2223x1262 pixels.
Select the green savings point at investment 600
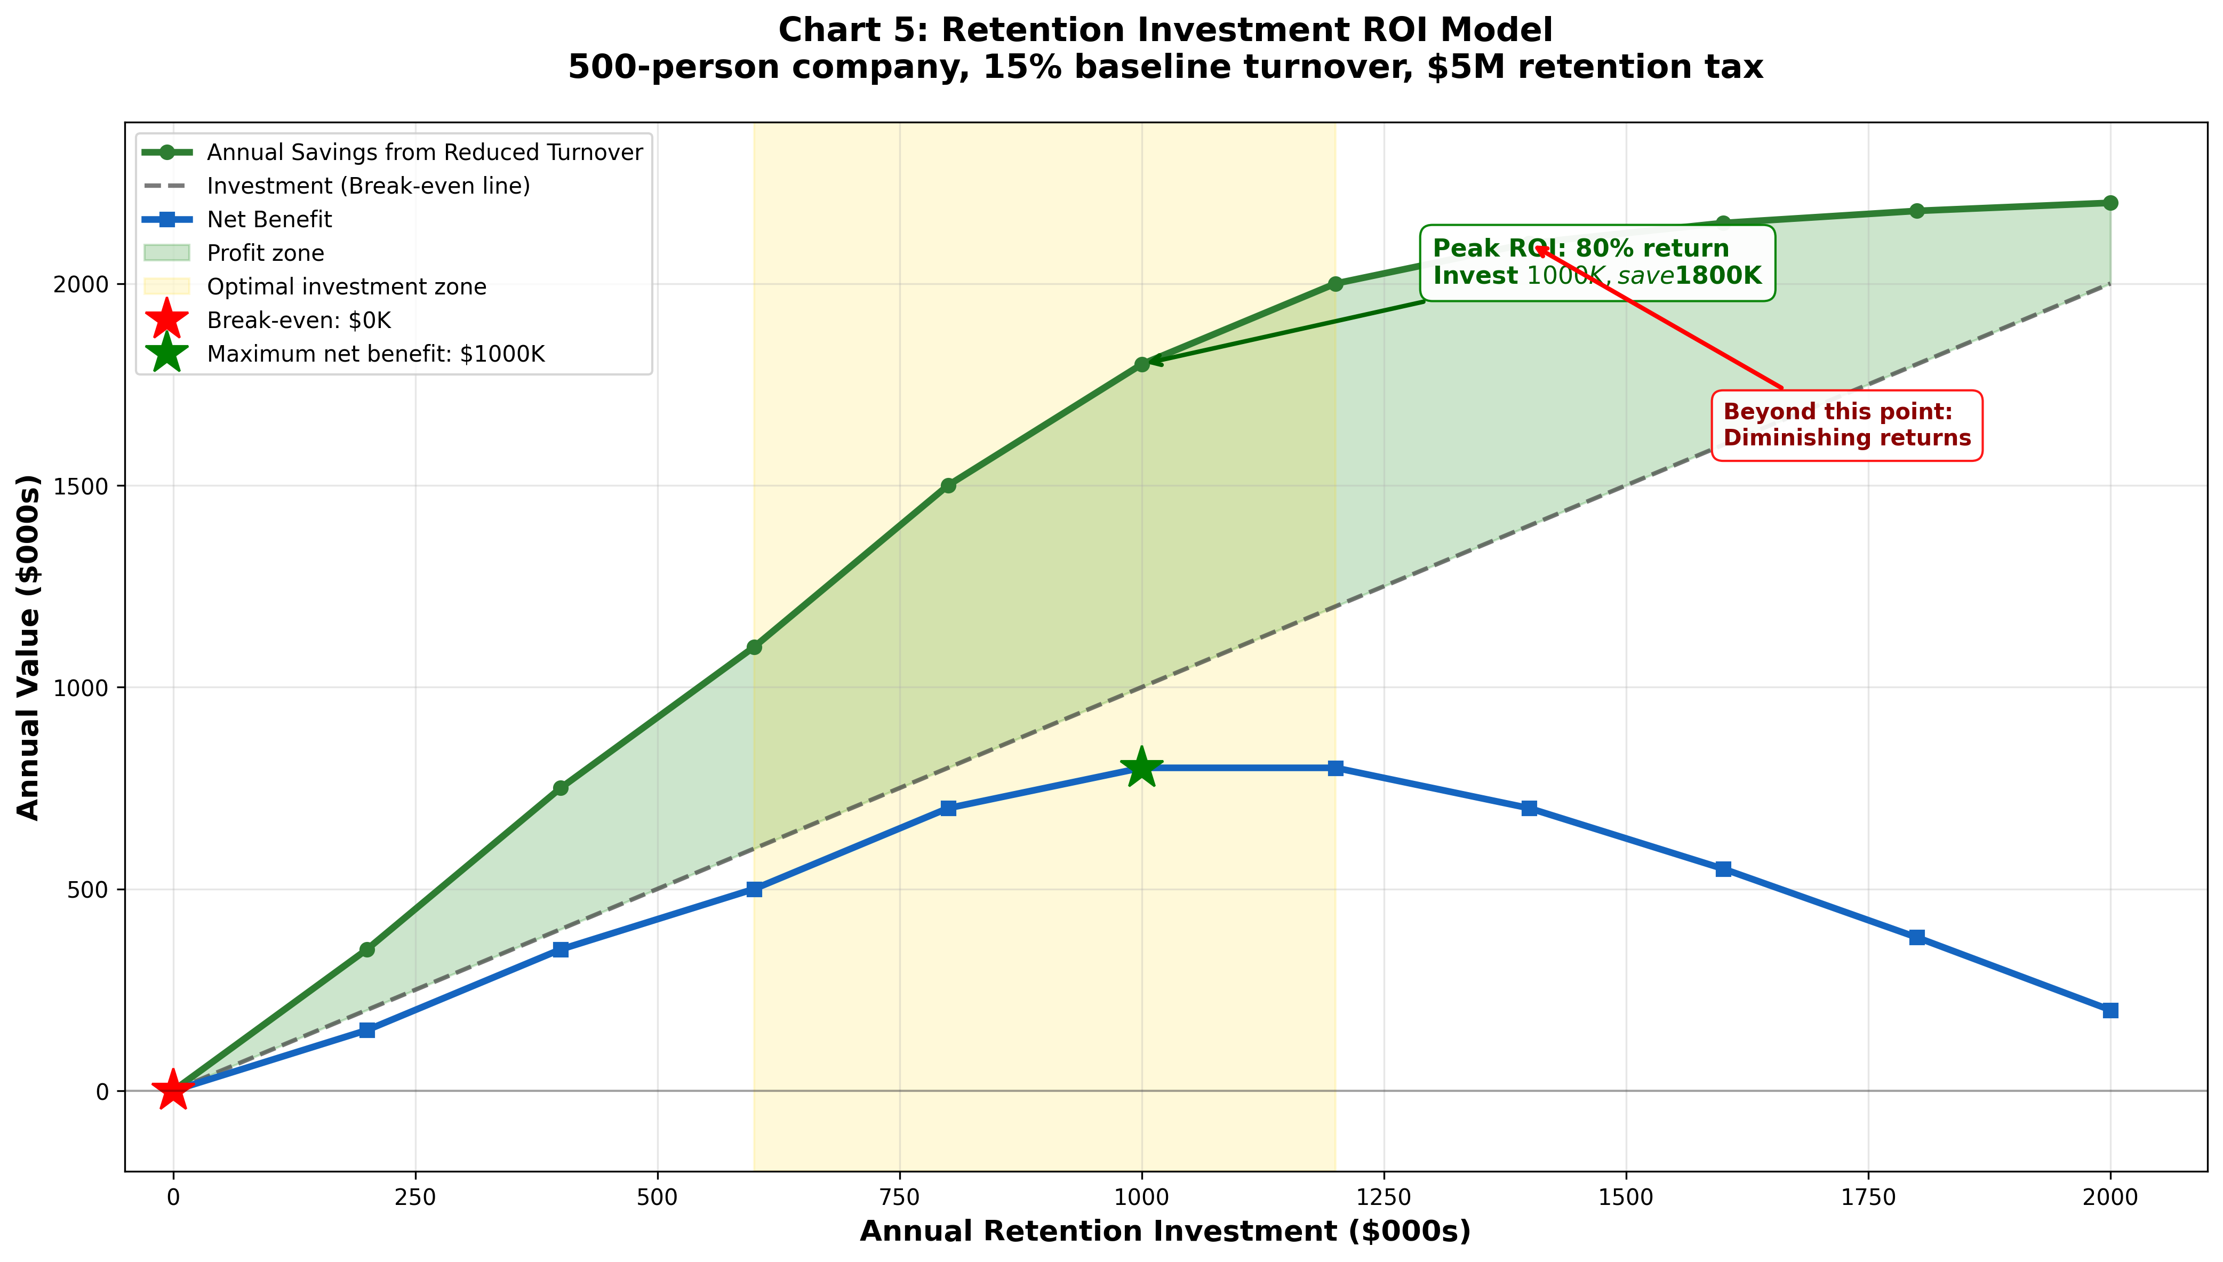pos(754,646)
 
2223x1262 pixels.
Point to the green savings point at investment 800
pos(948,485)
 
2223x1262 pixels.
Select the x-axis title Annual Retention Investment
pos(1165,1232)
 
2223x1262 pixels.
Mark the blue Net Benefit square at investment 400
pos(561,949)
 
